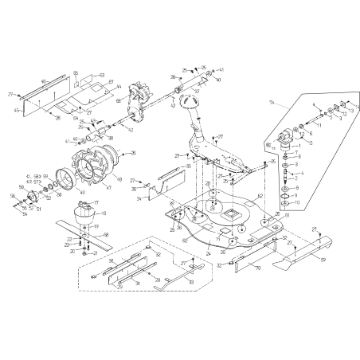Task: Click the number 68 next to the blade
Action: (106, 234)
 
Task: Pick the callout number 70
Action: (257, 269)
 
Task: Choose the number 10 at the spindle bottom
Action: (298, 203)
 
